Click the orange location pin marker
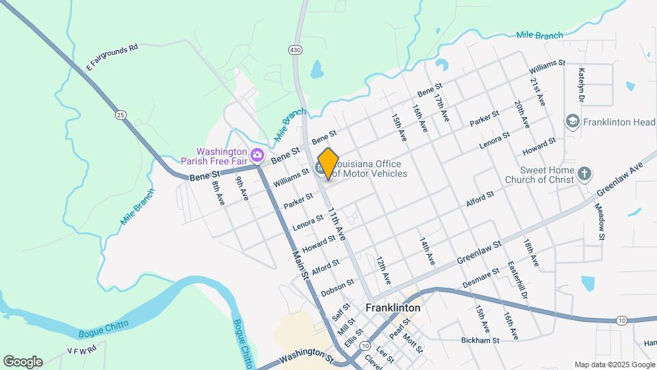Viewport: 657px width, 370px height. (x=328, y=164)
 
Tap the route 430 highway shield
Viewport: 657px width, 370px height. (x=295, y=50)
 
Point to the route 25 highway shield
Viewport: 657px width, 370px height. (x=121, y=114)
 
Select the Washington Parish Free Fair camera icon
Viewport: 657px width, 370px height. (x=257, y=155)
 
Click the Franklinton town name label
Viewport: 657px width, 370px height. (x=393, y=308)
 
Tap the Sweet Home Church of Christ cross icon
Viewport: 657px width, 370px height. (x=584, y=173)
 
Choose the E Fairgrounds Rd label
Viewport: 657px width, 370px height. (x=112, y=57)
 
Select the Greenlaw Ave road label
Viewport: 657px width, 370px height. (x=621, y=178)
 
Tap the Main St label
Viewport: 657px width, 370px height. (x=299, y=264)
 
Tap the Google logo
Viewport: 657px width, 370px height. (x=23, y=361)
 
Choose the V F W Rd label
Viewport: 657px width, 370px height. (x=81, y=349)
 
